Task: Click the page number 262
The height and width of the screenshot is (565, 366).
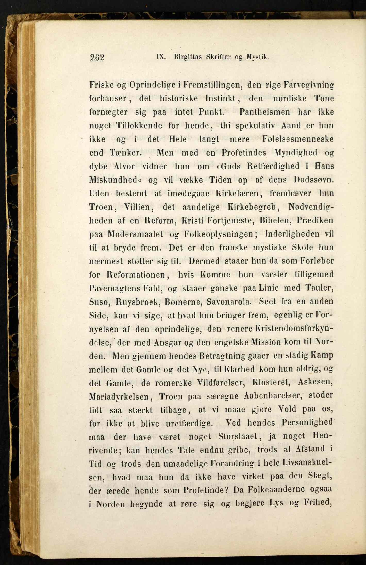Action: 97,57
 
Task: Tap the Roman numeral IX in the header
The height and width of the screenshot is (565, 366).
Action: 161,57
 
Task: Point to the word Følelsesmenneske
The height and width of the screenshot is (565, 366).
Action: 298,139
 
